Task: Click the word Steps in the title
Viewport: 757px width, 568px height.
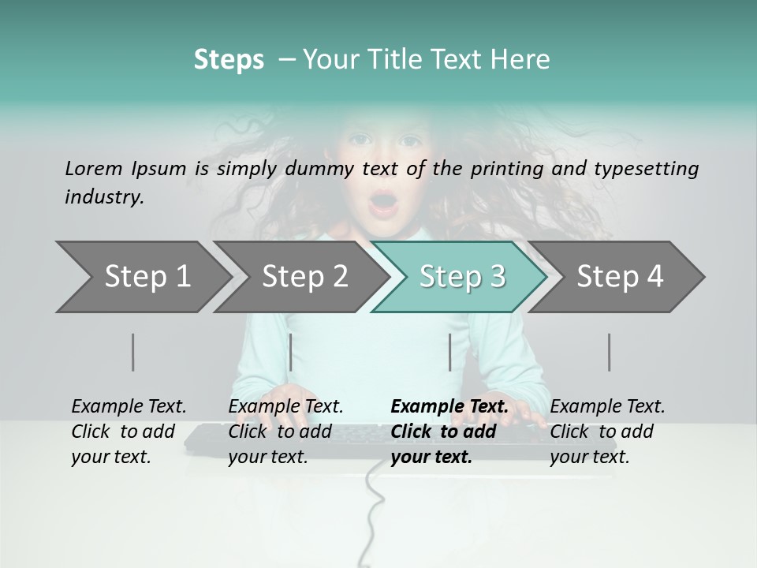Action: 229,60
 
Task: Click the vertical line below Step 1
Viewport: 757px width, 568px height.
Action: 133,352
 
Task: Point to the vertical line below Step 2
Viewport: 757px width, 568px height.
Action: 291,352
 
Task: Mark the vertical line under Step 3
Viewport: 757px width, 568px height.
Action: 450,352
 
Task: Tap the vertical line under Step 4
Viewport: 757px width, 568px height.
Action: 610,352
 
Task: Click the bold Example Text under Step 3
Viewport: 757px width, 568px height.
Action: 449,406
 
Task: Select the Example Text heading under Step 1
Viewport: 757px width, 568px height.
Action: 129,406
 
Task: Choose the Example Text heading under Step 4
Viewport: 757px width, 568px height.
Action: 607,406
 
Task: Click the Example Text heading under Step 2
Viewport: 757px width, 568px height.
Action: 285,406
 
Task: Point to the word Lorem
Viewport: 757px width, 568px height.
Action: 93,168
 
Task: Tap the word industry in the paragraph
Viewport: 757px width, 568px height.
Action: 103,197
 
